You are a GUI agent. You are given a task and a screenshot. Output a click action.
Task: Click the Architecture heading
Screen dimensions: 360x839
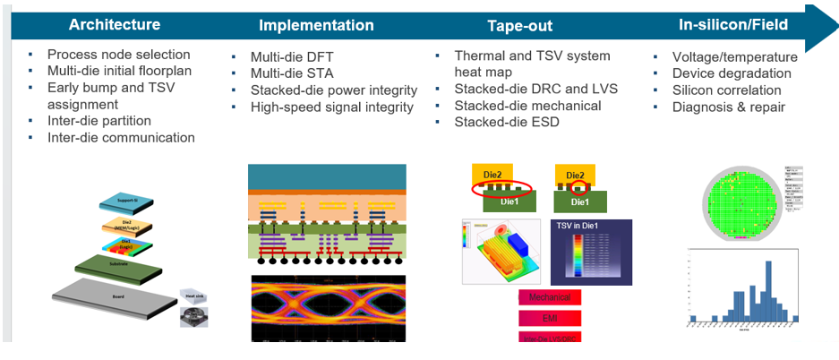coord(115,24)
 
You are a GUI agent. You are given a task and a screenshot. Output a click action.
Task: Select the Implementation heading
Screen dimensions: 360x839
coord(316,25)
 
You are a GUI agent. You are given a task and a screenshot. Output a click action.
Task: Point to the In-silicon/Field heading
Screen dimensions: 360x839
coord(732,24)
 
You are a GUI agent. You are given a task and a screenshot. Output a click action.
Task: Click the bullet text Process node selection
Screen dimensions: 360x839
coord(118,55)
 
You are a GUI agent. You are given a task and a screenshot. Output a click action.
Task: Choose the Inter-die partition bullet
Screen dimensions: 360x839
coord(98,121)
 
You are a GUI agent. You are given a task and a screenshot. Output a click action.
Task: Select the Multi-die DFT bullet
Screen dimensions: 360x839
coord(292,56)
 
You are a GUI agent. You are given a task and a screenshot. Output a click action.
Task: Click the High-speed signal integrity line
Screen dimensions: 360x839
coord(332,107)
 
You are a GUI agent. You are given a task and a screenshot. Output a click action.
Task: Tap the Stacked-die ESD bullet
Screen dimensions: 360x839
coord(507,122)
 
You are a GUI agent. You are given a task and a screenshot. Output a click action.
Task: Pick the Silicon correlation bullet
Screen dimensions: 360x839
coord(726,90)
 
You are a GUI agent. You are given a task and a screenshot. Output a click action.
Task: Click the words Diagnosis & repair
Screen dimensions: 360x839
coord(729,107)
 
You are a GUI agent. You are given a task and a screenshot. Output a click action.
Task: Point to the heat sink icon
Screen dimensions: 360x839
coord(195,313)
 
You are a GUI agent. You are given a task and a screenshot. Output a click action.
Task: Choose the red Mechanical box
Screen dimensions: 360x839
coord(550,296)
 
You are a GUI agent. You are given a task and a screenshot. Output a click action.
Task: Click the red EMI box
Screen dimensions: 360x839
coord(550,317)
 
